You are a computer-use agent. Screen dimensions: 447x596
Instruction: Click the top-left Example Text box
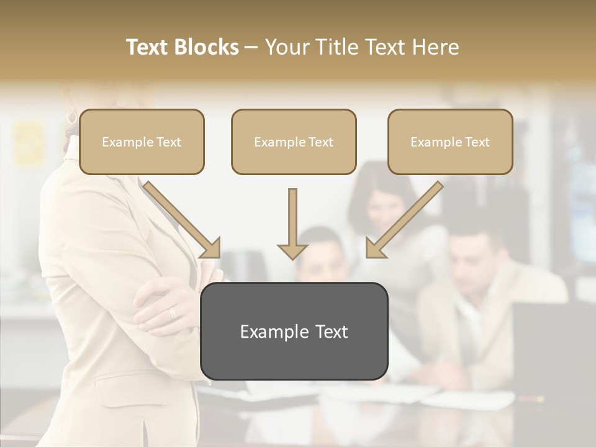(x=142, y=142)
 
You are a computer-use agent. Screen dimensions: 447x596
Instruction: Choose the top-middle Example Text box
(x=294, y=142)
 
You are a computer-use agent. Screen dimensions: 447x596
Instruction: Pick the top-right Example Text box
(x=450, y=142)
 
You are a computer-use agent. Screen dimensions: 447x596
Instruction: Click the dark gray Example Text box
(x=294, y=331)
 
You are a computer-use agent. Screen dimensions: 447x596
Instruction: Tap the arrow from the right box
(x=404, y=220)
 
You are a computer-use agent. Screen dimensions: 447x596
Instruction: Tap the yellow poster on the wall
(x=30, y=143)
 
